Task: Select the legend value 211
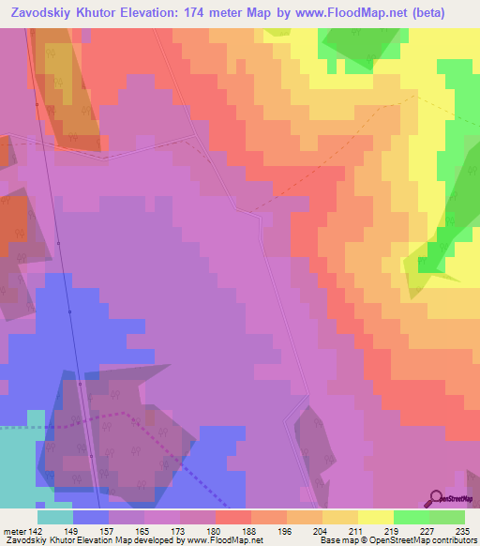(x=357, y=530)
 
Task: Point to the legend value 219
(x=393, y=530)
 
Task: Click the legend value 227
(x=428, y=530)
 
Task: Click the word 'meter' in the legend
(x=17, y=530)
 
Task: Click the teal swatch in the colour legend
(x=54, y=517)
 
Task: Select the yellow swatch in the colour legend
(x=375, y=517)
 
